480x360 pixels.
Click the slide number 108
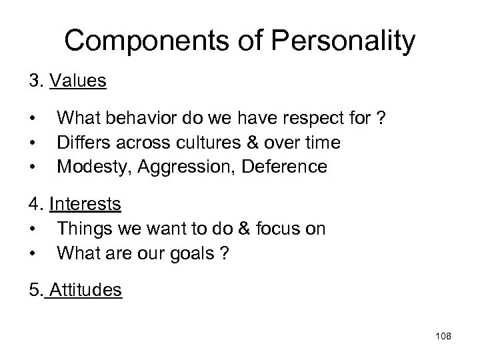[x=442, y=337]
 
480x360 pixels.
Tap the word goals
[x=189, y=254]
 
